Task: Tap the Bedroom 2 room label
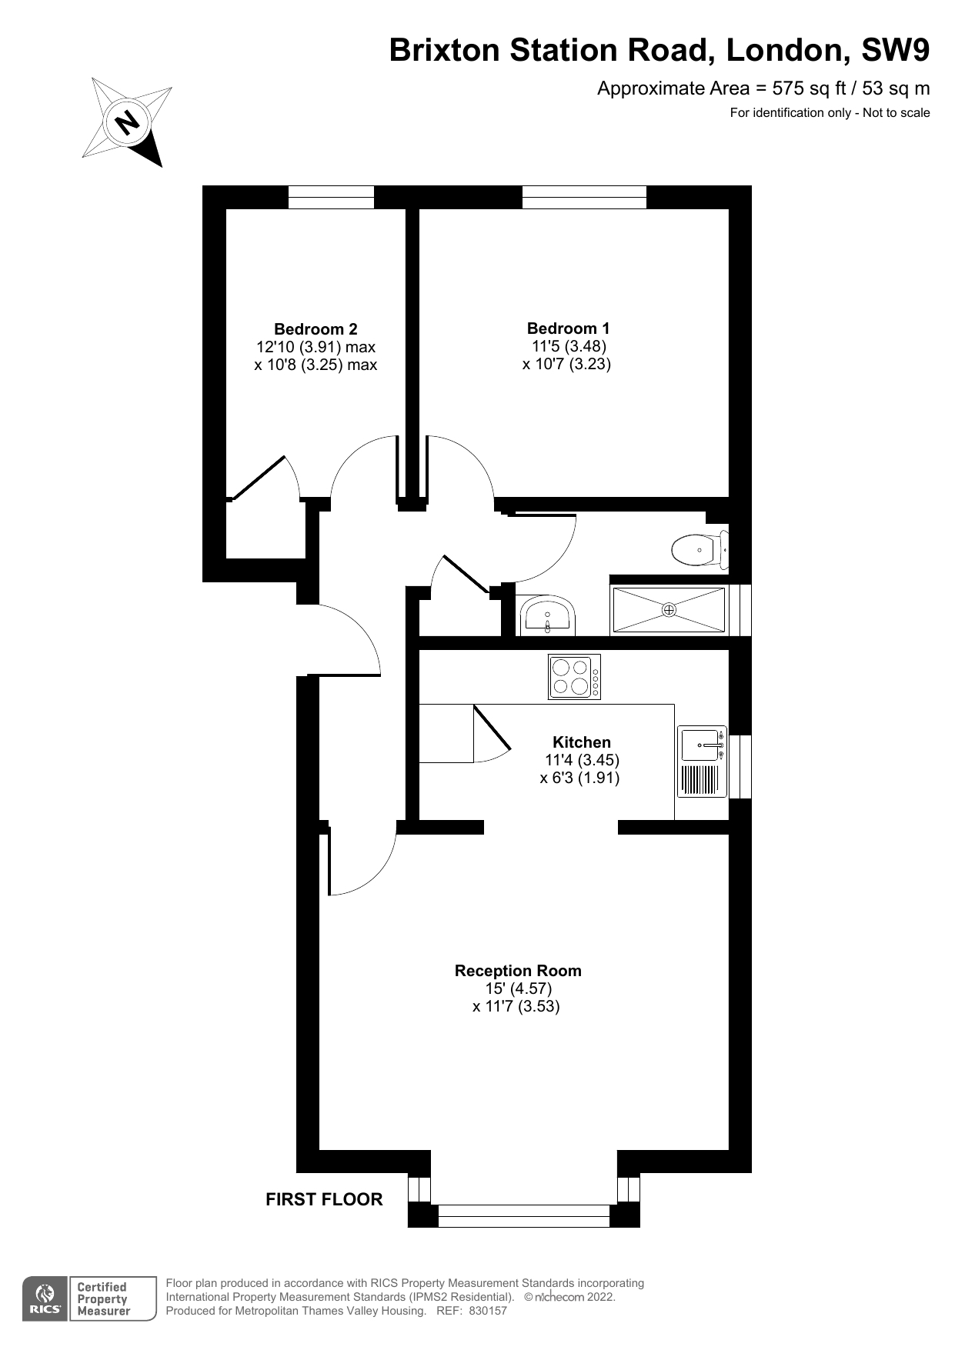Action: (316, 329)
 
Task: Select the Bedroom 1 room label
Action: (568, 328)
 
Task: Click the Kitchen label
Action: (582, 742)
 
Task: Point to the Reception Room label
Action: (518, 971)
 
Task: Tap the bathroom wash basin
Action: (547, 615)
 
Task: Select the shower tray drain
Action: (669, 610)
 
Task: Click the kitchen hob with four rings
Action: (574, 677)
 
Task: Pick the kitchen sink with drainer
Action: (702, 761)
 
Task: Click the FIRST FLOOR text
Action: (324, 1199)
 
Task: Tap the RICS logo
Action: (45, 1299)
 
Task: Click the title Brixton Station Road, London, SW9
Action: (659, 50)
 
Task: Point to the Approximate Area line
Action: (763, 88)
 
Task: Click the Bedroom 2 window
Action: (331, 197)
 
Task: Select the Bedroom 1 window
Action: (584, 197)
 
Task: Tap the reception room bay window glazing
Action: (523, 1215)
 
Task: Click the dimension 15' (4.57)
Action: (518, 988)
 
